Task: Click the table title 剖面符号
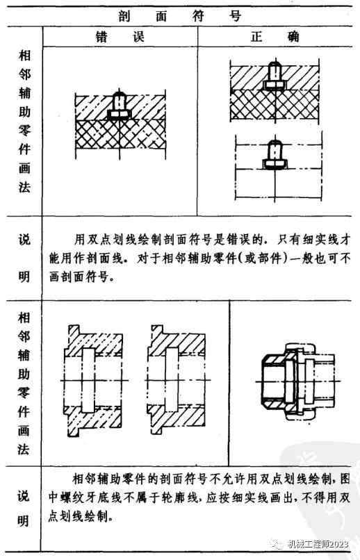point(180,17)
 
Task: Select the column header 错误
point(120,37)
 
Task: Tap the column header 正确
point(275,37)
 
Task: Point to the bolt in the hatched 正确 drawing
point(275,76)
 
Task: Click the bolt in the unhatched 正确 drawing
point(275,155)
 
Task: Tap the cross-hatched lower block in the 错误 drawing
point(120,134)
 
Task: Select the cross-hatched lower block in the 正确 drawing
point(275,105)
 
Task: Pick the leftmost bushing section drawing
point(94,381)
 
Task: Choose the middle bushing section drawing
point(177,380)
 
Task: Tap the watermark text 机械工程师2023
point(318,544)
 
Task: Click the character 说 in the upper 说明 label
point(24,240)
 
